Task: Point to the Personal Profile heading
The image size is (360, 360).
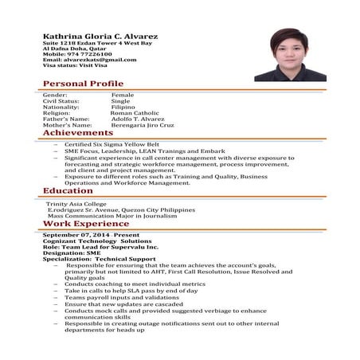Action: click(x=83, y=84)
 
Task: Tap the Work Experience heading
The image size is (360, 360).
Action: click(x=85, y=225)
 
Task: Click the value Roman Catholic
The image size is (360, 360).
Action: click(x=135, y=113)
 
